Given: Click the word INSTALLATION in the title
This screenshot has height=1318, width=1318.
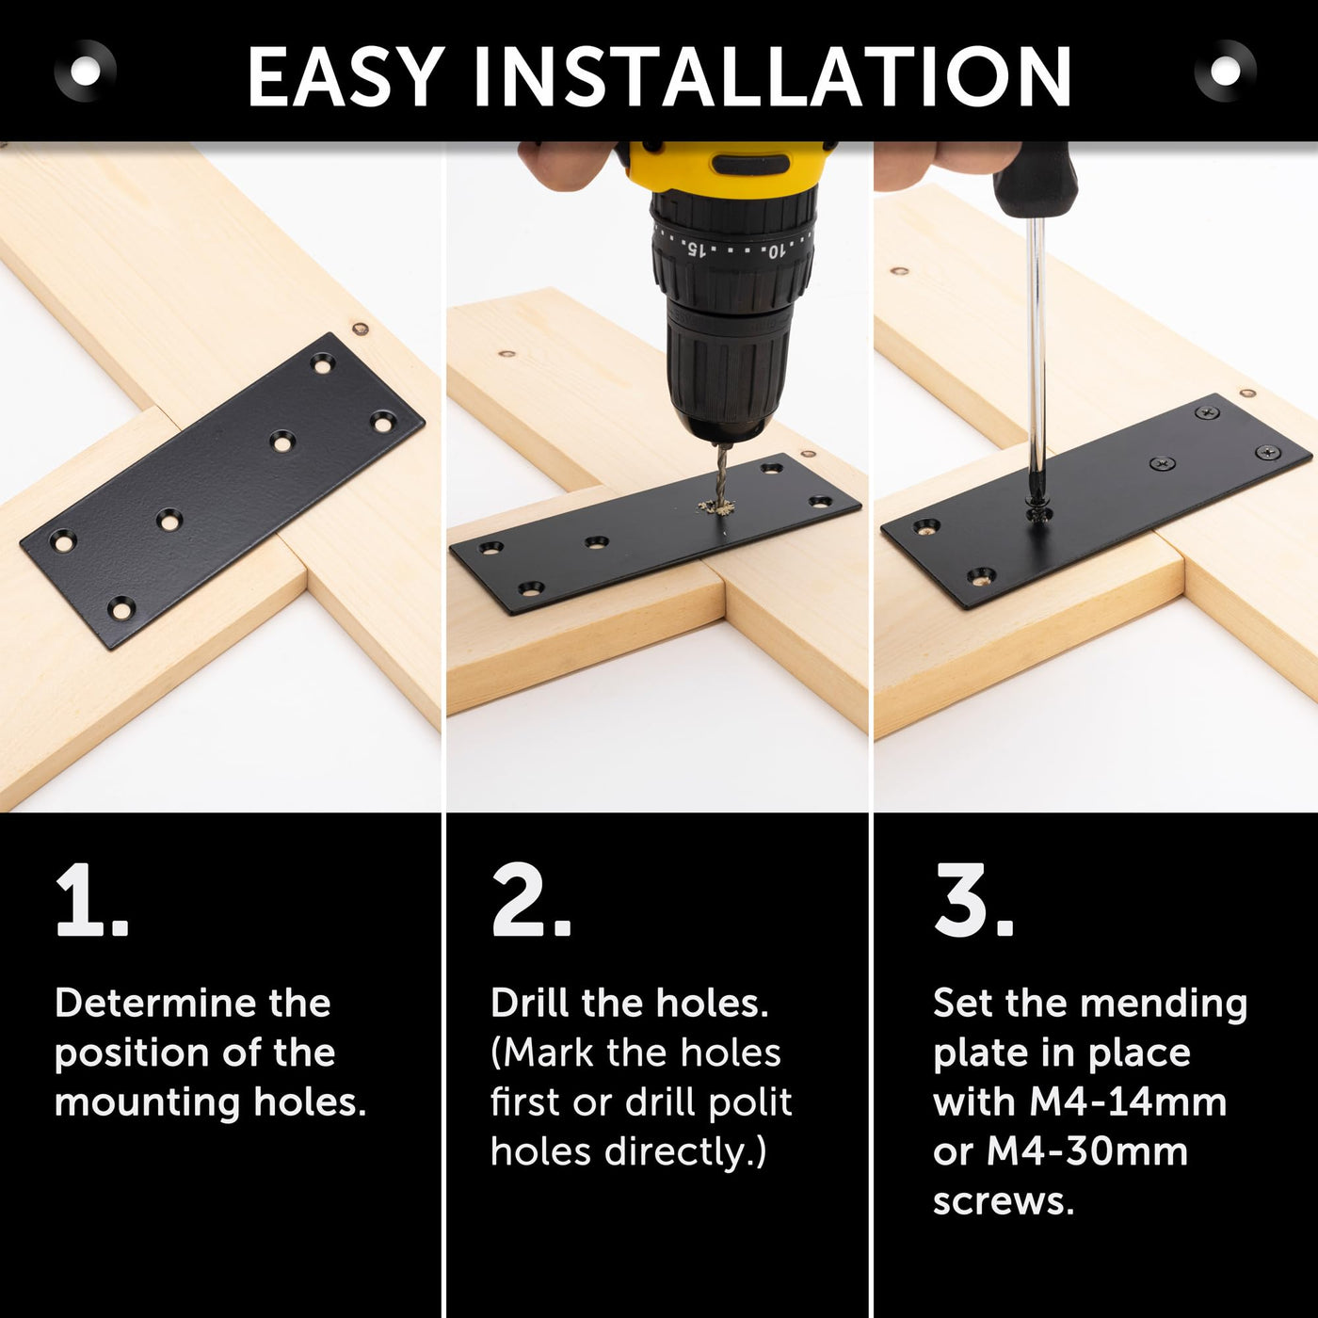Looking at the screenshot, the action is point(773,75).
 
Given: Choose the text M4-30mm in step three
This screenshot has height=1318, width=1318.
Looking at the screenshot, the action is point(1087,1151).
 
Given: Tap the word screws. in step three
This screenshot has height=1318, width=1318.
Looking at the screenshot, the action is point(1004,1201).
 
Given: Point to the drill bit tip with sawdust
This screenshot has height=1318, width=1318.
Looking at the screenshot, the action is point(716,506).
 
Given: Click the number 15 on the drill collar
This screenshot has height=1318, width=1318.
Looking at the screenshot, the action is point(695,249).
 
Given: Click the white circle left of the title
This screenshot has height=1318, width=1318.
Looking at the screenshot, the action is point(86,72).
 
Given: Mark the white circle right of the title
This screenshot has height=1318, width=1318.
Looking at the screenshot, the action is point(1226,72).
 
